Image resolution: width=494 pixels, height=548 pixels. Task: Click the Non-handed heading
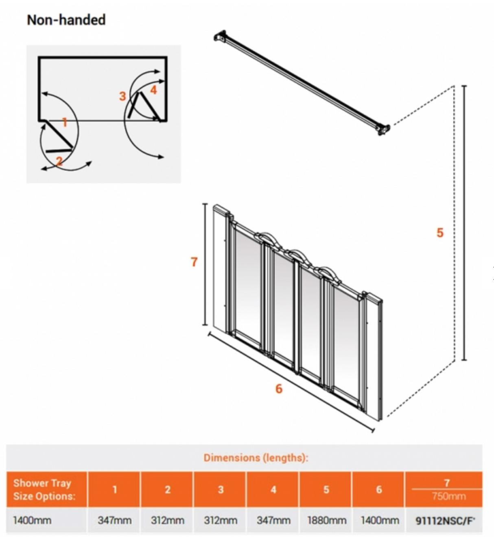pyautogui.click(x=66, y=19)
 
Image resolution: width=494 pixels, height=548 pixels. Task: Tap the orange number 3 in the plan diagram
pyautogui.click(x=122, y=96)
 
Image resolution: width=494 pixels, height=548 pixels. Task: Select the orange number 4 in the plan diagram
pyautogui.click(x=153, y=90)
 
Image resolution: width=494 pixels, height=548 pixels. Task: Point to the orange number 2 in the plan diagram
pyautogui.click(x=59, y=161)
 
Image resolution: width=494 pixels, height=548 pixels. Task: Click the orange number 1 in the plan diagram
pyautogui.click(x=64, y=122)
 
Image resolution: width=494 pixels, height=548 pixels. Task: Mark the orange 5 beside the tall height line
pyautogui.click(x=440, y=233)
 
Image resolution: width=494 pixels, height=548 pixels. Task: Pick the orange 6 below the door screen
pyautogui.click(x=279, y=389)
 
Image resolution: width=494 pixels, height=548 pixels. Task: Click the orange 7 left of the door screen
pyautogui.click(x=194, y=262)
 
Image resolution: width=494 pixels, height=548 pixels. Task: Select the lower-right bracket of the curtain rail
pyautogui.click(x=383, y=129)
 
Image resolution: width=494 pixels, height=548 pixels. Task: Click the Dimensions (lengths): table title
pyautogui.click(x=256, y=458)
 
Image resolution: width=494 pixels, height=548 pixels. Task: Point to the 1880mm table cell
pyautogui.click(x=326, y=520)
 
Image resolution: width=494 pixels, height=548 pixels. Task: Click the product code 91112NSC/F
pyautogui.click(x=445, y=521)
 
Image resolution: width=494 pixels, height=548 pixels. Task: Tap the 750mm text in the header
pyautogui.click(x=448, y=496)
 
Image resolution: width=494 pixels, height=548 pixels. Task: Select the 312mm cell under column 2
pyautogui.click(x=167, y=520)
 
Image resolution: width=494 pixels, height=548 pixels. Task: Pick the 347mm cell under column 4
pyautogui.click(x=273, y=520)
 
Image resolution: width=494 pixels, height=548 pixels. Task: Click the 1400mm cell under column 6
pyautogui.click(x=379, y=520)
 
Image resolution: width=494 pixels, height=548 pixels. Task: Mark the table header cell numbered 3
pyautogui.click(x=220, y=490)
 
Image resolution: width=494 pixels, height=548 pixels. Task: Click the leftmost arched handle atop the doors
pyautogui.click(x=264, y=237)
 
